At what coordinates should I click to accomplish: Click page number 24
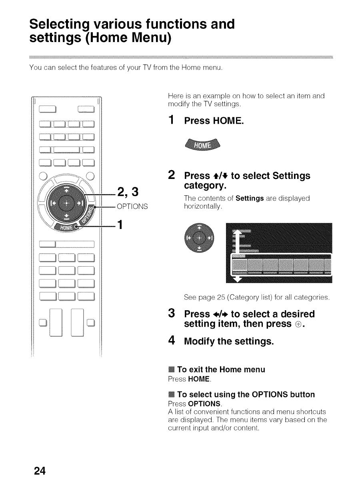[40, 470]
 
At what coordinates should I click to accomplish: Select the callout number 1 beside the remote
[118, 225]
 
